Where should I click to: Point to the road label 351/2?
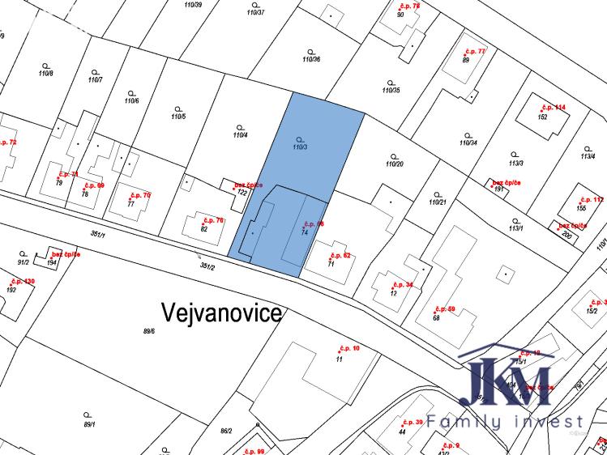tap(207, 265)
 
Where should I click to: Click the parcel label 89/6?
tap(148, 330)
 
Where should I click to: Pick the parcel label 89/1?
tap(89, 423)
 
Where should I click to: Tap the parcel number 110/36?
tap(311, 59)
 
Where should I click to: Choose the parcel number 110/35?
tap(391, 90)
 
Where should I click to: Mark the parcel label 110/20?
tap(395, 164)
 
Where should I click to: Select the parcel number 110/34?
tap(468, 142)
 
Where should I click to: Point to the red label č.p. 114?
tap(553, 107)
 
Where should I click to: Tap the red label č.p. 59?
tap(446, 308)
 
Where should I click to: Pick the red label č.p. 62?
tap(340, 255)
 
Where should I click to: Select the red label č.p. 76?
tap(214, 220)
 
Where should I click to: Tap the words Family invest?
tap(506, 422)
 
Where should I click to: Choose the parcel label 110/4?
tap(240, 135)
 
